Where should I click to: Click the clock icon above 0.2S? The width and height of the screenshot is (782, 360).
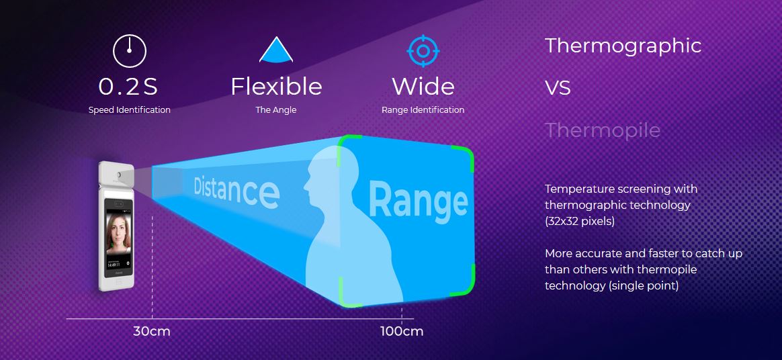point(129,51)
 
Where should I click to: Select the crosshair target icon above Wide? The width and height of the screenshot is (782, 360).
point(423,51)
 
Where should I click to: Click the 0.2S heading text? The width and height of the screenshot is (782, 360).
point(128,87)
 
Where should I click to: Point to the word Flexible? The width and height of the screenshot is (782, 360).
point(276,86)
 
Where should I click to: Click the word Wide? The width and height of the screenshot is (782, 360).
point(423,86)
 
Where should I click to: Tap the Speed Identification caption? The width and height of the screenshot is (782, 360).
point(129,110)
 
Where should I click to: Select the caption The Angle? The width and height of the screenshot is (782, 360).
point(276,110)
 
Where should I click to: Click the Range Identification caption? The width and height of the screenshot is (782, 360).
point(423,110)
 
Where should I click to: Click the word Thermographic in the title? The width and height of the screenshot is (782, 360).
point(623,46)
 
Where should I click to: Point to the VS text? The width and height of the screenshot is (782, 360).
point(558,89)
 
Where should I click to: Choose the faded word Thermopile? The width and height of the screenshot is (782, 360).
point(603,131)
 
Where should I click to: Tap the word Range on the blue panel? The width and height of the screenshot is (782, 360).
point(418,201)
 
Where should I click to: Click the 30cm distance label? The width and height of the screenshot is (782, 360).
point(152,331)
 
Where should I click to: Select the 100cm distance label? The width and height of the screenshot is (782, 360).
point(402,331)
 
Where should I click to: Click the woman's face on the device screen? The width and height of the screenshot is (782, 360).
point(118,232)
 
